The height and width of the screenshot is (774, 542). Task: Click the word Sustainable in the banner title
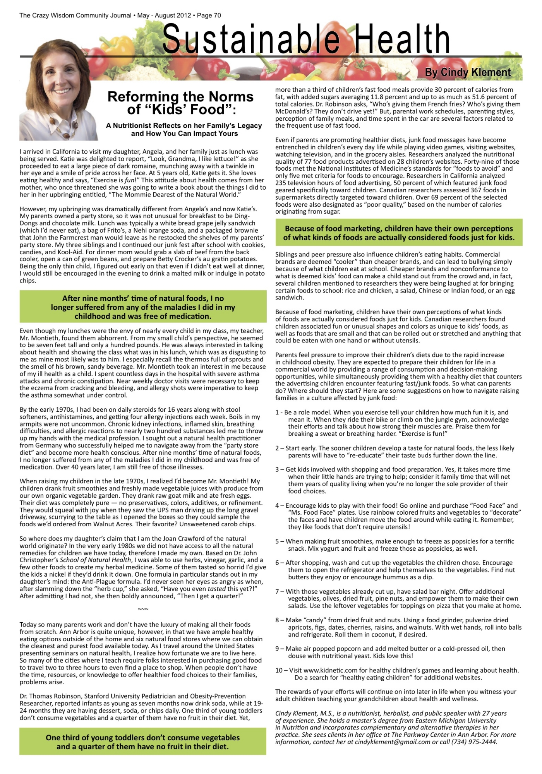point(251,39)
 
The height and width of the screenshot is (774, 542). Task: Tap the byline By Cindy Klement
point(468,72)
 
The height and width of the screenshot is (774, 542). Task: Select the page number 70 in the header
point(217,15)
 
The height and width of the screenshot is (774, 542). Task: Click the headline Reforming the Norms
point(180,97)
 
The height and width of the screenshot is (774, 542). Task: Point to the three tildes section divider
point(143,610)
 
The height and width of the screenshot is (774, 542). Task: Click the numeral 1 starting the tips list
point(277,413)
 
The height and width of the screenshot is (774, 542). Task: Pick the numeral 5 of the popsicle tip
point(277,541)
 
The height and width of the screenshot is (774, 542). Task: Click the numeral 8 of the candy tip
point(277,620)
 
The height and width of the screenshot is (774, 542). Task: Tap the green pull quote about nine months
point(143,307)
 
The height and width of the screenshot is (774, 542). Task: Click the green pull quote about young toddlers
point(143,742)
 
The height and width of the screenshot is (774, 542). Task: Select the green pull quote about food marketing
point(399,233)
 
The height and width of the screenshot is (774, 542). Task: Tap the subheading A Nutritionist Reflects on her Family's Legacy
point(184,126)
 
